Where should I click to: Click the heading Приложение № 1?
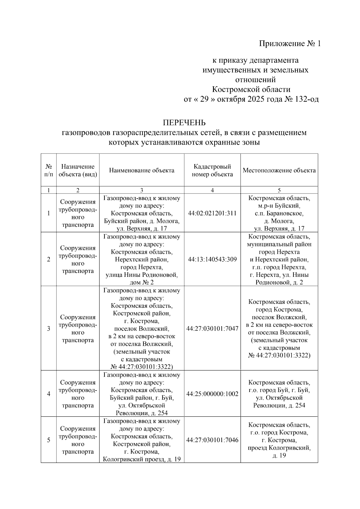tap(290, 44)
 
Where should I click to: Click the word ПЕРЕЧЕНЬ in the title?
tap(184, 123)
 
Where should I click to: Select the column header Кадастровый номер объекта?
tap(212, 170)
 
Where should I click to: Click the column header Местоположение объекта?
tap(279, 170)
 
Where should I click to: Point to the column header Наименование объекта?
tap(142, 170)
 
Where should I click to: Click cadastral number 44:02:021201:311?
tap(212, 213)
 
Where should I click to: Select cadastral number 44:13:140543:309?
tap(212, 259)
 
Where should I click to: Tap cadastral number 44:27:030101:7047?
tap(212, 328)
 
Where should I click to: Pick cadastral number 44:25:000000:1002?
tap(212, 394)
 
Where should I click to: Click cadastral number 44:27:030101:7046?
tap(212, 440)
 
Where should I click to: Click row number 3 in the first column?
tap(49, 328)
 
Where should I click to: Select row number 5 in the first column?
tap(49, 440)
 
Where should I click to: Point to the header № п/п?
tap(49, 170)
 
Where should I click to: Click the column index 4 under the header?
tap(212, 190)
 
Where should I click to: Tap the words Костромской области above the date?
tap(251, 90)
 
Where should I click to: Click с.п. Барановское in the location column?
tap(279, 214)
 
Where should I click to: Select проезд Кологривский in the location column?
tap(279, 448)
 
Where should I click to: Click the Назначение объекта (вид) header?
tap(78, 170)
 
